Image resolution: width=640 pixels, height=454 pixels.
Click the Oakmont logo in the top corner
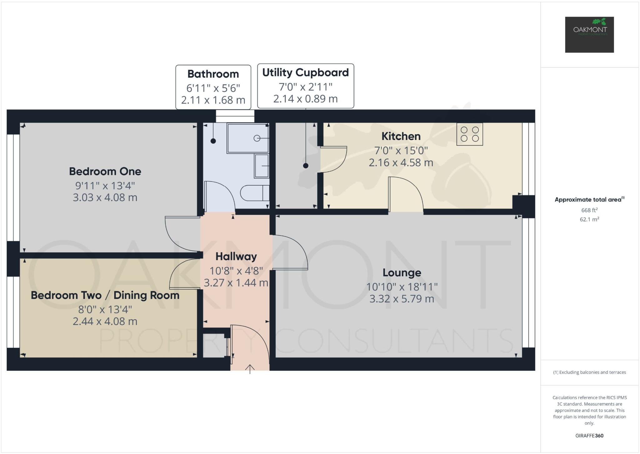pos(589,34)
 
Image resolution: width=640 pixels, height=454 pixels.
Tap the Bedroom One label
pos(105,171)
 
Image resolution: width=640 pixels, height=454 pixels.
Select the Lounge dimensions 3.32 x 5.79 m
pos(402,299)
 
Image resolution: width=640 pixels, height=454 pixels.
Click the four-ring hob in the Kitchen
pos(469,134)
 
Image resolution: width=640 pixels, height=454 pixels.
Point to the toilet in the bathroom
pos(254,193)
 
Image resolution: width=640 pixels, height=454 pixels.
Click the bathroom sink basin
pos(262,166)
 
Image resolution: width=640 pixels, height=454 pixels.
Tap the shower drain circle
pos(257,138)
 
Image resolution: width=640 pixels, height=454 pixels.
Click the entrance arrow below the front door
pos(250,369)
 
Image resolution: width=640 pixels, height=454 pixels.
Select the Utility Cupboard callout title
pos(305,72)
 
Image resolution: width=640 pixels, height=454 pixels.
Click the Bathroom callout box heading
pos(213,74)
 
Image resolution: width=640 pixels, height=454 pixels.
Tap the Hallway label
pos(236,257)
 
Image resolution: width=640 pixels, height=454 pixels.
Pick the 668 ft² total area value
pos(589,210)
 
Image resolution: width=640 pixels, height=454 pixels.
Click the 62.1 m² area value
pos(589,219)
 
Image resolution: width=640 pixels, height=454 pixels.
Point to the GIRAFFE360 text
pos(589,436)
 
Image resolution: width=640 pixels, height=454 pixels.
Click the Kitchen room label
pos(401,136)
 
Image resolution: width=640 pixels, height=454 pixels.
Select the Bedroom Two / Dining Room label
pos(105,295)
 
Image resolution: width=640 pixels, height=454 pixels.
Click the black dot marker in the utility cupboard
pos(306,166)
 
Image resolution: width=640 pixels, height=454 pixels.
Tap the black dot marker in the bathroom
pos(213,141)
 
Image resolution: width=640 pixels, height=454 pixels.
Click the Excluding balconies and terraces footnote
pos(589,372)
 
